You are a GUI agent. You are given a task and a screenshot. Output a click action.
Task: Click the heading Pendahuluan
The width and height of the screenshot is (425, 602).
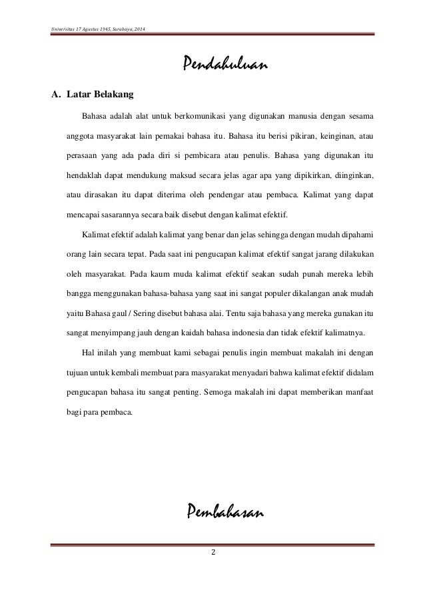pyautogui.click(x=224, y=65)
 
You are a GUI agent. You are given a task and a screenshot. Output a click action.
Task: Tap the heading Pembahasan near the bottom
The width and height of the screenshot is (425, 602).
pyautogui.click(x=224, y=512)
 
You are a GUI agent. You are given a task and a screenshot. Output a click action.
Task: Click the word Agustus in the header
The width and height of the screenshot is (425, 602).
pyautogui.click(x=85, y=31)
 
